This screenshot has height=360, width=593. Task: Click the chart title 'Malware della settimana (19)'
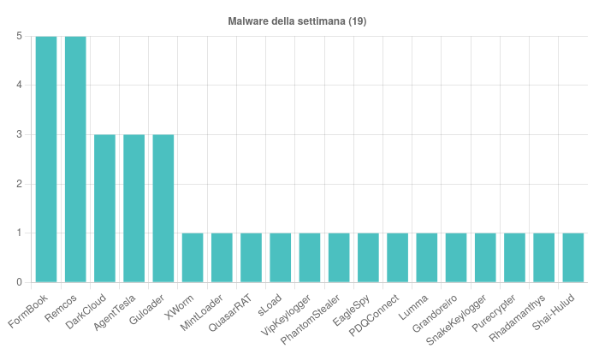coord(297,21)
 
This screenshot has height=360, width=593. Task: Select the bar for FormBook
coord(46,159)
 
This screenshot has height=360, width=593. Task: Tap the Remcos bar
coord(75,159)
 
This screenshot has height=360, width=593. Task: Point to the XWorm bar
coord(193,257)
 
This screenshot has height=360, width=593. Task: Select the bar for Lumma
coord(426,257)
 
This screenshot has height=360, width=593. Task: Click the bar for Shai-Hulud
coord(572,257)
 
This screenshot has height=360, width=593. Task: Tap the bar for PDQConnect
coord(397,257)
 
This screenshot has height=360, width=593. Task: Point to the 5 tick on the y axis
coord(19,36)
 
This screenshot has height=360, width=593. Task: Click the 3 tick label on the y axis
coord(19,134)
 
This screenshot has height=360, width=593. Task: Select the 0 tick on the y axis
coord(19,282)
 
